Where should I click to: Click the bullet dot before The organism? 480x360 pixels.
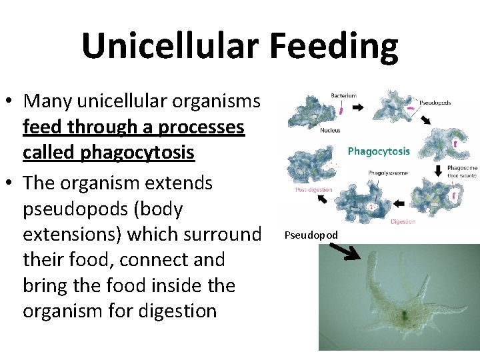[9, 183]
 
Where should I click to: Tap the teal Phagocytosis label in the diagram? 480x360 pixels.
[379, 151]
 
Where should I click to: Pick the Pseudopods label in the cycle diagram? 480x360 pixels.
[435, 103]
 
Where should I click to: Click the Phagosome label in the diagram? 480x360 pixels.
[461, 168]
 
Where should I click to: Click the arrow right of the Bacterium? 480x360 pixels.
[357, 107]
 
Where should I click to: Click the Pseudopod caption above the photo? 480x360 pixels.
[311, 235]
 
